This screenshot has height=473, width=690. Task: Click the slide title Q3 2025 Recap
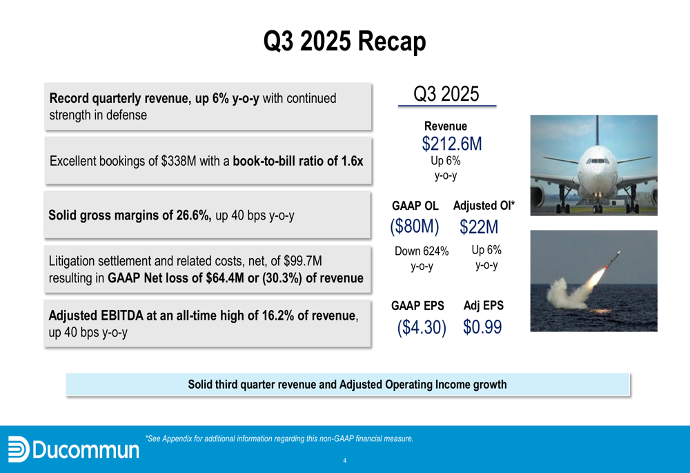tap(344, 42)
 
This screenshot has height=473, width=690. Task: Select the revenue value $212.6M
tap(451, 144)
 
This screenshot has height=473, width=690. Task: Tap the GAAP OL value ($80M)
tap(414, 226)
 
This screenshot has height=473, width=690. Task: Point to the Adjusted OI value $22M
tap(478, 226)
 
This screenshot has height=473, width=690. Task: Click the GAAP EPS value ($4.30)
tap(422, 327)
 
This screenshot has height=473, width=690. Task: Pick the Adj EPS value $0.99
tap(482, 327)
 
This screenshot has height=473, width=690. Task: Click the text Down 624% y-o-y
tap(421, 259)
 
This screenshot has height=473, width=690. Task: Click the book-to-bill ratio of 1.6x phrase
tap(297, 162)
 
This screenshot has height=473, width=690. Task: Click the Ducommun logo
tap(72, 450)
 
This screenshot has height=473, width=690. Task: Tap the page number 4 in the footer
tap(345, 461)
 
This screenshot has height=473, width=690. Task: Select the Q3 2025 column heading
tap(446, 94)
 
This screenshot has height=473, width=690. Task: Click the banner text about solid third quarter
tap(347, 385)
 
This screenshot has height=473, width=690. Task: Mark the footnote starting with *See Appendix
tap(279, 438)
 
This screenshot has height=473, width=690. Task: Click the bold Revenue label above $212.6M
tap(445, 126)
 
